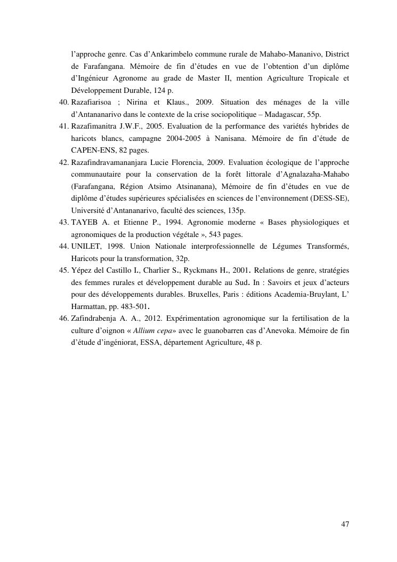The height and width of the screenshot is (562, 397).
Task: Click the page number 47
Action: pyautogui.click(x=345, y=524)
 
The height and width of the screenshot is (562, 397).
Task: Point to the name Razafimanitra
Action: pyautogui.click(x=94, y=126)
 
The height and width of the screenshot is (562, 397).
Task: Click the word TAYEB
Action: pyautogui.click(x=83, y=222)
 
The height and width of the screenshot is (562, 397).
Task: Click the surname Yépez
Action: pyautogui.click(x=81, y=270)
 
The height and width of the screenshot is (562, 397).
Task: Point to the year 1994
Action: pyautogui.click(x=171, y=222)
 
